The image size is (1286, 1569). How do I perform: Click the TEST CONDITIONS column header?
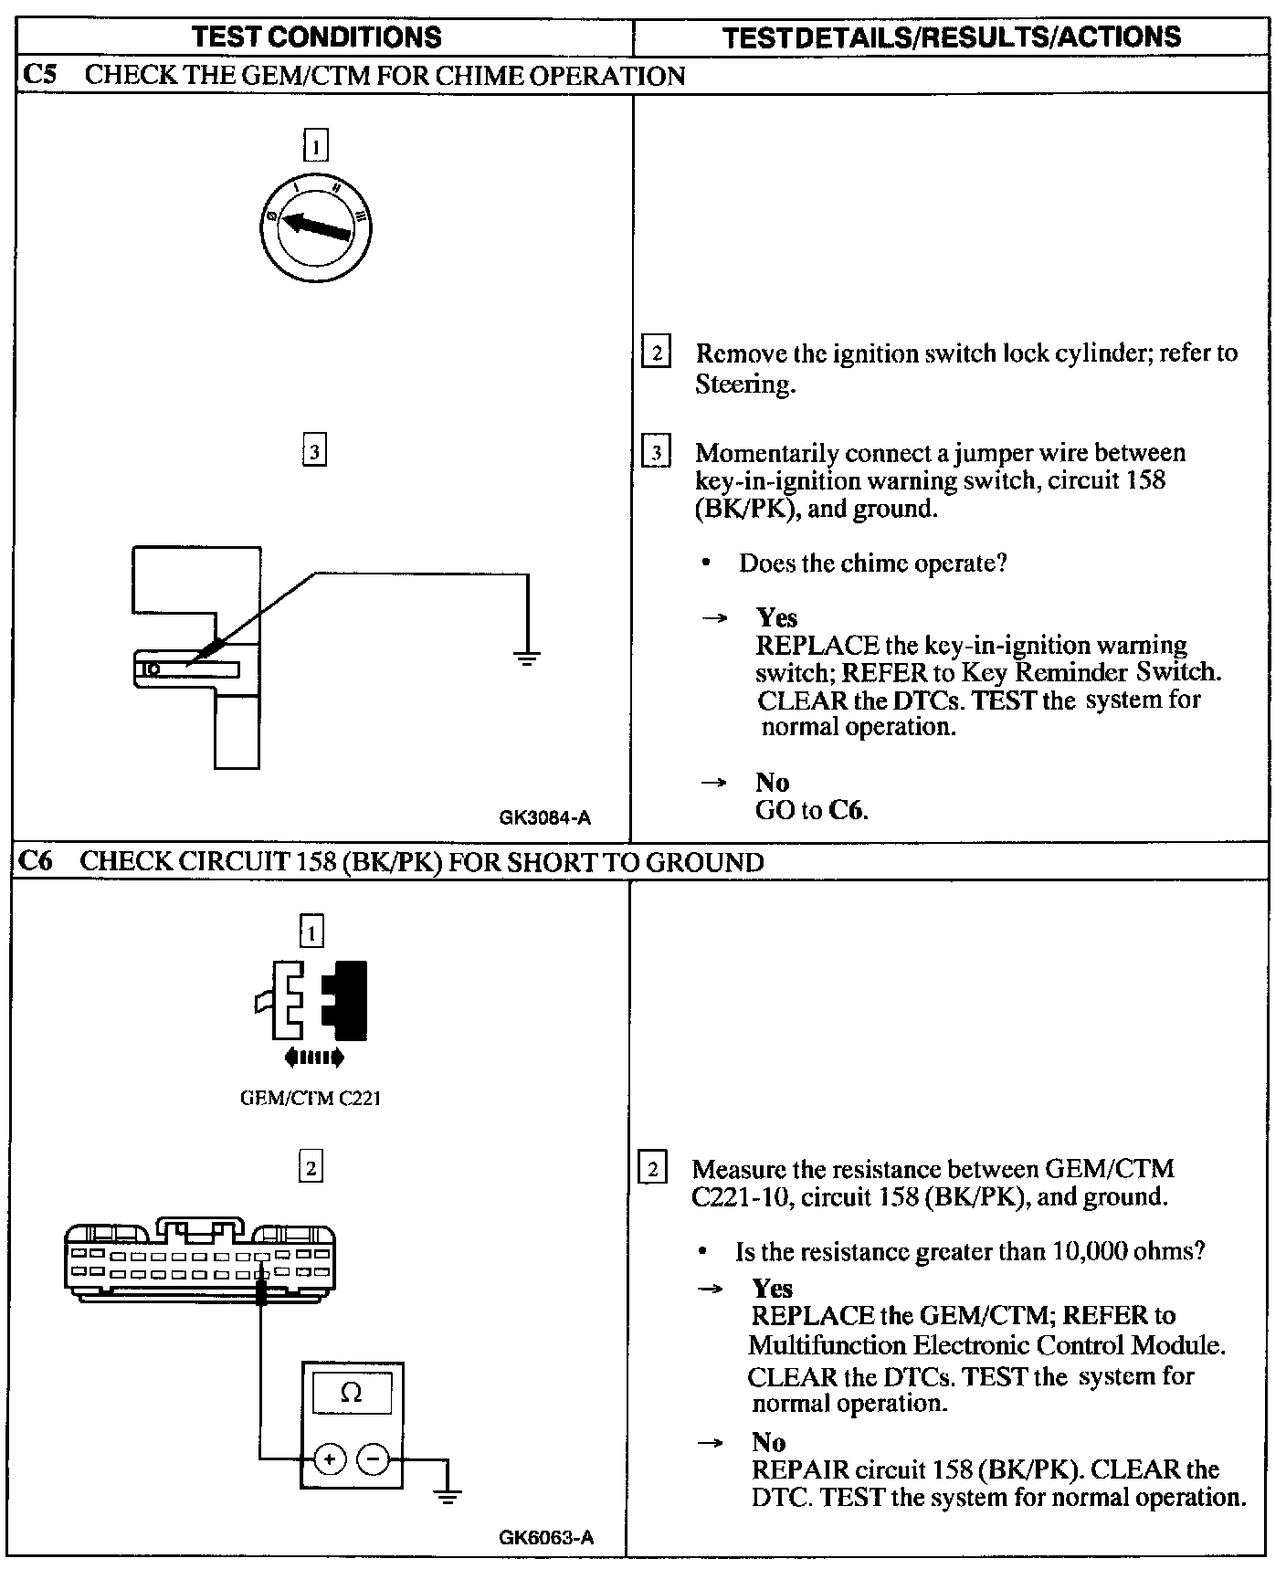[317, 37]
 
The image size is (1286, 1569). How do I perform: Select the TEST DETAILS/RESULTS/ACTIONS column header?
[951, 37]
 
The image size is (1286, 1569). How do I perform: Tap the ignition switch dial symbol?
[314, 226]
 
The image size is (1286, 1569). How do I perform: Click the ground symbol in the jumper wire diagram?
[526, 657]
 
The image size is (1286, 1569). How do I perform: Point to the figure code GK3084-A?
[544, 817]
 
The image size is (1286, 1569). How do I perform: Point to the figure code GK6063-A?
[546, 1537]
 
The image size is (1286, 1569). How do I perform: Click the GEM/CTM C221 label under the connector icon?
[310, 1099]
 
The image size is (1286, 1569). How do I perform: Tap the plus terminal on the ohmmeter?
[330, 1459]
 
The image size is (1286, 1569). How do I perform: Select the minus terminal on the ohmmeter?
[373, 1459]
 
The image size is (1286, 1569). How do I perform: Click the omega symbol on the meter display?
[351, 1393]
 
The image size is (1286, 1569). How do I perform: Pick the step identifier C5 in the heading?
[39, 75]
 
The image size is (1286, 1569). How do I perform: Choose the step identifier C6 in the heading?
[37, 861]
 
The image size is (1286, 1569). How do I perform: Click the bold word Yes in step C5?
[776, 618]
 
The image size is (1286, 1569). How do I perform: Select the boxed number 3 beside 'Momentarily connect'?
[657, 453]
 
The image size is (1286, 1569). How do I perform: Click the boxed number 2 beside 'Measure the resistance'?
[652, 1170]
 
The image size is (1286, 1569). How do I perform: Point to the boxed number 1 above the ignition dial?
[315, 146]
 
